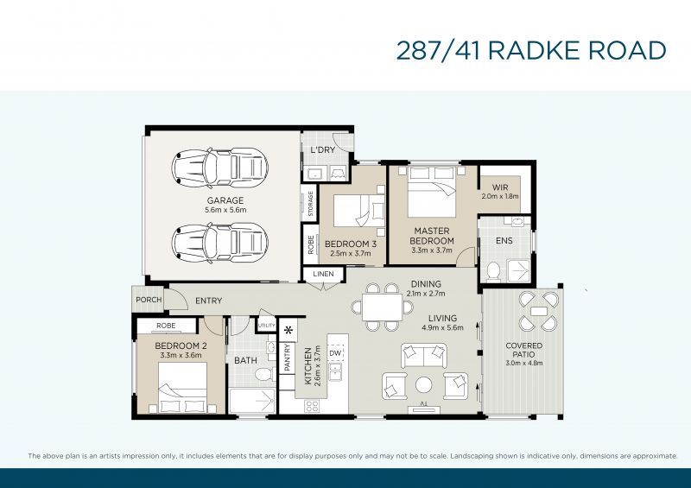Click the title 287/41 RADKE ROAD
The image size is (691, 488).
530,50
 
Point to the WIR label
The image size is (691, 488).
500,187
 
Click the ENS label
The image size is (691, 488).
504,242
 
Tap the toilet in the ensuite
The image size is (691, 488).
493,270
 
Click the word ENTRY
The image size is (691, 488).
208,301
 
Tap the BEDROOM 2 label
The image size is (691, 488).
178,346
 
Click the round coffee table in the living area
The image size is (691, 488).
423,385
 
